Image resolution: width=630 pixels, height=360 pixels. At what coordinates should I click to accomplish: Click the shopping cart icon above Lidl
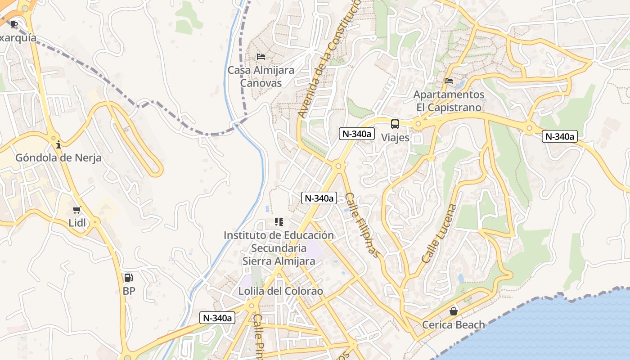pyautogui.click(x=77, y=210)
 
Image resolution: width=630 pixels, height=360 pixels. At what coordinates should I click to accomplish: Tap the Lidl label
pyautogui.click(x=77, y=223)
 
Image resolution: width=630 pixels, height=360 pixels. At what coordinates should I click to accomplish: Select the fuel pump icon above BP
pyautogui.click(x=129, y=278)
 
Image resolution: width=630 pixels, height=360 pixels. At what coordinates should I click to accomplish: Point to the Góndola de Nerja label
pyautogui.click(x=58, y=158)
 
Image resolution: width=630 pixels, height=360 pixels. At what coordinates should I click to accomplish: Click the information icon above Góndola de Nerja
pyautogui.click(x=58, y=144)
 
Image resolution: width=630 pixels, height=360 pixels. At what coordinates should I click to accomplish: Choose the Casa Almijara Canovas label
pyautogui.click(x=261, y=76)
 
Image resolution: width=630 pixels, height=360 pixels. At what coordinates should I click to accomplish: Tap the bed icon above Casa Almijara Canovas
pyautogui.click(x=261, y=57)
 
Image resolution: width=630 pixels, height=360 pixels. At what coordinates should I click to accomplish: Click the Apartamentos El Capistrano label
pyautogui.click(x=449, y=101)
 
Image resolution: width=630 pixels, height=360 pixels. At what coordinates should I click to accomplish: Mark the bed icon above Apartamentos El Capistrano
pyautogui.click(x=449, y=81)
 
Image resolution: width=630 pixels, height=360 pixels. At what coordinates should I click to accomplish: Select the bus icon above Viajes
pyautogui.click(x=395, y=124)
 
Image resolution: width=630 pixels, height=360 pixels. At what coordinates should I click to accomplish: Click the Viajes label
pyautogui.click(x=396, y=137)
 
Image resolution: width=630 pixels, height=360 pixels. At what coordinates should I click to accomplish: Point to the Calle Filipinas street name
pyautogui.click(x=363, y=225)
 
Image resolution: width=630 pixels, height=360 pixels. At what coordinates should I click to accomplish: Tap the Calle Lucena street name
pyautogui.click(x=439, y=234)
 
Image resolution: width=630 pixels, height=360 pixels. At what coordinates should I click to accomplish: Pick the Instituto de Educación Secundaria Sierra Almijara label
pyautogui.click(x=279, y=248)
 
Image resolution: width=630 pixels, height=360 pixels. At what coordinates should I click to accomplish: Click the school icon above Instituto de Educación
pyautogui.click(x=279, y=222)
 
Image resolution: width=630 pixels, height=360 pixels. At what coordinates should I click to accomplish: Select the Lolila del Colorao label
pyautogui.click(x=281, y=291)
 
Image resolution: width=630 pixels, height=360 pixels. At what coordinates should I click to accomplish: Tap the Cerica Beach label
pyautogui.click(x=454, y=324)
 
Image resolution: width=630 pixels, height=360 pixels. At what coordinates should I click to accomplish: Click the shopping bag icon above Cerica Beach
pyautogui.click(x=454, y=311)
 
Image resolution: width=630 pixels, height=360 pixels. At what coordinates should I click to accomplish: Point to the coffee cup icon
pyautogui.click(x=14, y=24)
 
